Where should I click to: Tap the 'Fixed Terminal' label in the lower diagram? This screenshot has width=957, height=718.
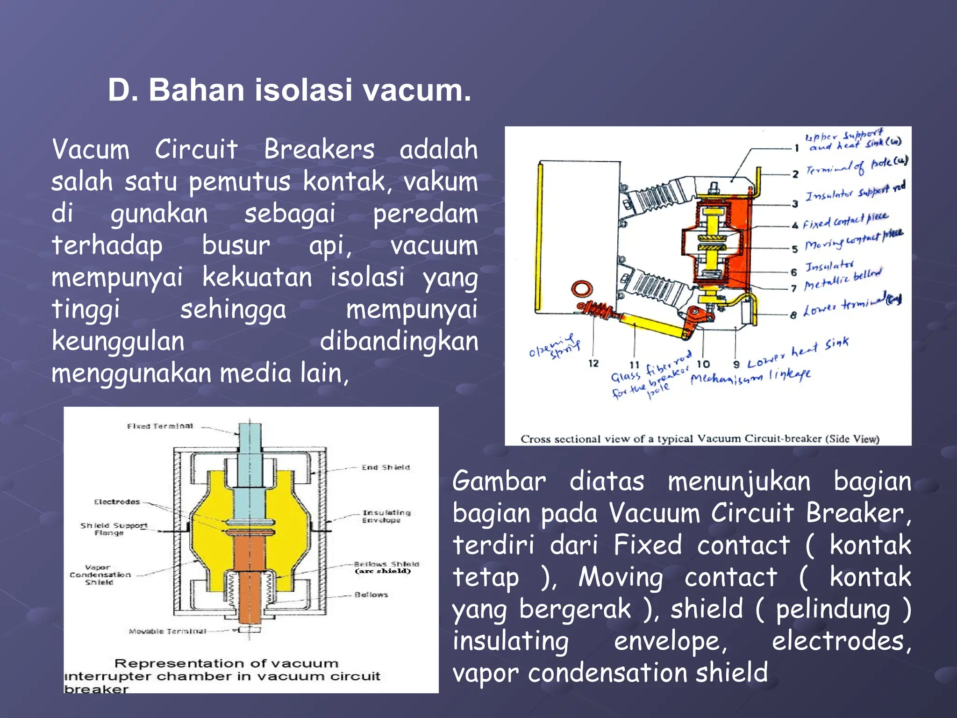tap(160, 426)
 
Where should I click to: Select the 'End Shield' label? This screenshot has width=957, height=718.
tap(386, 467)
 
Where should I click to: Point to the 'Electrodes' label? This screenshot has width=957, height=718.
tap(117, 502)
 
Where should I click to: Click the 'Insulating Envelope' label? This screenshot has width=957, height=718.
tap(386, 516)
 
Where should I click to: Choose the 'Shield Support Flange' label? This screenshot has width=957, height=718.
tap(114, 529)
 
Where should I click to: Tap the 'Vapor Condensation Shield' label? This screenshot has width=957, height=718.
tap(100, 574)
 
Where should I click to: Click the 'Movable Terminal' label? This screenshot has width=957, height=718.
tap(167, 631)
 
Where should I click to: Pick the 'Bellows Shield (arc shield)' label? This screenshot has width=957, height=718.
tap(386, 567)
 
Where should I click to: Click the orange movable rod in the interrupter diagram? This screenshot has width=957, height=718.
tap(250, 584)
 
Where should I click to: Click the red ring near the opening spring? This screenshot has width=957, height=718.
tap(581, 288)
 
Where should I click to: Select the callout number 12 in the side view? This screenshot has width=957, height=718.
tap(593, 363)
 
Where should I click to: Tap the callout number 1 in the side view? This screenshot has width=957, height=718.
tap(797, 148)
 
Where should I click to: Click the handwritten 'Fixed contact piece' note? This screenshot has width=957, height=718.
tap(845, 220)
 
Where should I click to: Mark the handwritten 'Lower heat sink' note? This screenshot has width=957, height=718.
tap(798, 354)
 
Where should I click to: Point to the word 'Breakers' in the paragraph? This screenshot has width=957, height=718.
tap(319, 150)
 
